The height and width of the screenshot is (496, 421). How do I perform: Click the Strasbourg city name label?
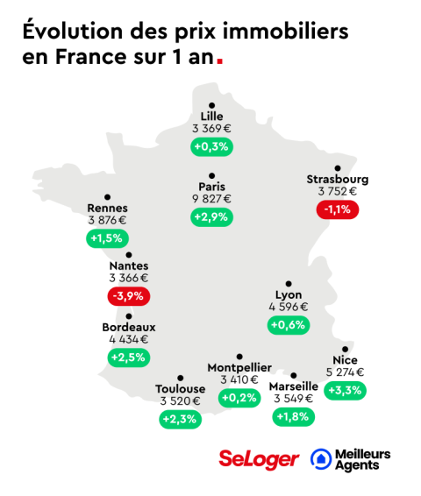[338, 180]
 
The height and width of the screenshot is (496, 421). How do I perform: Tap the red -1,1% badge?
[338, 209]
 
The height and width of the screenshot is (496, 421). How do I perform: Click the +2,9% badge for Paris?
[211, 216]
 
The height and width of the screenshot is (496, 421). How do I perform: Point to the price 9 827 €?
[211, 199]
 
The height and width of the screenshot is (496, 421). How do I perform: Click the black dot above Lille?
[211, 105]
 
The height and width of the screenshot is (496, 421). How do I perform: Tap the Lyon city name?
[289, 294]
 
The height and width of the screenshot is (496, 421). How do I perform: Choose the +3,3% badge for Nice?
[345, 390]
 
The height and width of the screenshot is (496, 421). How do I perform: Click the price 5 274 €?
[345, 372]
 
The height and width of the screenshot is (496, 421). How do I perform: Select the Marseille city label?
[293, 386]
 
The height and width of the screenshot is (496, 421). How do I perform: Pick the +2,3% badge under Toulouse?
[180, 420]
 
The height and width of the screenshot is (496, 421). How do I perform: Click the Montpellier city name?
[239, 367]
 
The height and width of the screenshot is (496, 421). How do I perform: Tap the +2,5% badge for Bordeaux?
[128, 358]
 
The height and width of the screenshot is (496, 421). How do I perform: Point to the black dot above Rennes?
[107, 197]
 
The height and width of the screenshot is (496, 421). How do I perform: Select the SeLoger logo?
[259, 458]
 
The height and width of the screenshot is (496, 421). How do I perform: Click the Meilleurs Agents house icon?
[322, 458]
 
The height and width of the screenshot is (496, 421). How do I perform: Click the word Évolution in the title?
[67, 32]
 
